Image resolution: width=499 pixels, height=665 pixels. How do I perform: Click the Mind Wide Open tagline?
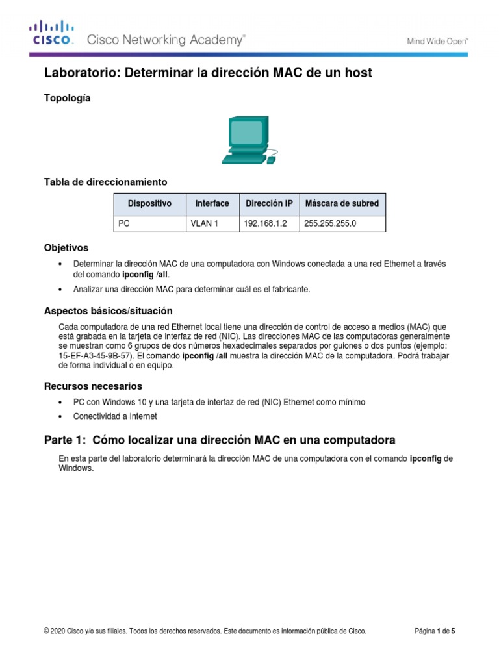(x=438, y=41)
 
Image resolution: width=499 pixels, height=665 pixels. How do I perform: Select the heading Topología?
(x=67, y=98)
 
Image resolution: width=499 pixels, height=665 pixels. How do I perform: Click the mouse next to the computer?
(x=271, y=158)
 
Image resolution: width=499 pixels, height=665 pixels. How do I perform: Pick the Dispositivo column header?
(x=149, y=203)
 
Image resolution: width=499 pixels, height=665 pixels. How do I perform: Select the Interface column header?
(x=212, y=203)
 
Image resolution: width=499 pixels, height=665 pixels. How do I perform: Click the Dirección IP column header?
(x=269, y=203)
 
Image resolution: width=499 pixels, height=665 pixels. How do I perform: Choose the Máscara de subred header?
(x=341, y=203)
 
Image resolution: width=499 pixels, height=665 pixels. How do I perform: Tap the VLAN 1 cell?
(x=205, y=223)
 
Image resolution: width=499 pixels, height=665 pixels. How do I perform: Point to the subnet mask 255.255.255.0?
(x=330, y=223)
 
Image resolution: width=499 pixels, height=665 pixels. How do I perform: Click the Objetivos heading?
(x=66, y=248)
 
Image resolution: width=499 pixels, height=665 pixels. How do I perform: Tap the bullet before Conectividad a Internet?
(x=60, y=416)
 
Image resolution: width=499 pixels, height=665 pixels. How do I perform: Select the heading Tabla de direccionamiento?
(x=105, y=182)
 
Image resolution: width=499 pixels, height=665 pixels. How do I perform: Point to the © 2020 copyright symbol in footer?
(x=46, y=631)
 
